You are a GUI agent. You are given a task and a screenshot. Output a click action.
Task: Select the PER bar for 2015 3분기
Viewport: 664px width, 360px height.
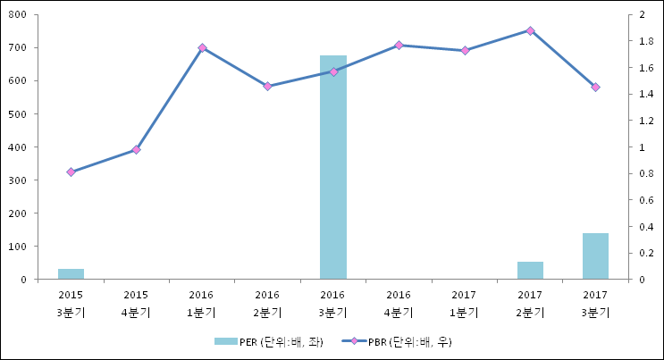(71, 273)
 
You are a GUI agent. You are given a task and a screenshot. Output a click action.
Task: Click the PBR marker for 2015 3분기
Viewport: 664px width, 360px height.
(71, 172)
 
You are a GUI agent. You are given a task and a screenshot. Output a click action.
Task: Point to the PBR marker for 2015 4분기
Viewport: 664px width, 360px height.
(136, 149)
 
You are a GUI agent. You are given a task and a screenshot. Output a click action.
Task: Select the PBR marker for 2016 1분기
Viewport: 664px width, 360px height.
(202, 47)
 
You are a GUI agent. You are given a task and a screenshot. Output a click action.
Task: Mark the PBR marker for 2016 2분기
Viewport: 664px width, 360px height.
(267, 86)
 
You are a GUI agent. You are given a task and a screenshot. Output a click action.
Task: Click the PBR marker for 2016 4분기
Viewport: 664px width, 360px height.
(399, 45)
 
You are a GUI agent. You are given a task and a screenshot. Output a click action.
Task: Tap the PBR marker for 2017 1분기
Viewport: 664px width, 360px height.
(465, 50)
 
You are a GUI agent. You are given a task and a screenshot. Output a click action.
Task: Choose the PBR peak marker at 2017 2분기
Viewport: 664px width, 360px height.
(530, 30)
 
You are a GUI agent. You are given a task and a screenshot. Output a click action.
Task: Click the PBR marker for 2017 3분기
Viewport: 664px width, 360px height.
(595, 87)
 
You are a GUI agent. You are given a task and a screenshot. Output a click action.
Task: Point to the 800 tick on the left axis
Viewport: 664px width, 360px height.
(18, 15)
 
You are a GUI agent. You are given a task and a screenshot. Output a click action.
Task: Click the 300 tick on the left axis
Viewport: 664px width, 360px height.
(18, 180)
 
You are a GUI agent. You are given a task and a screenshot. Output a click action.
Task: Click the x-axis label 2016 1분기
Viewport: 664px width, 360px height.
(202, 303)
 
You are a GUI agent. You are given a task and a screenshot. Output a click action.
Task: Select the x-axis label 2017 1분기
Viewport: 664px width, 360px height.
(465, 303)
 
